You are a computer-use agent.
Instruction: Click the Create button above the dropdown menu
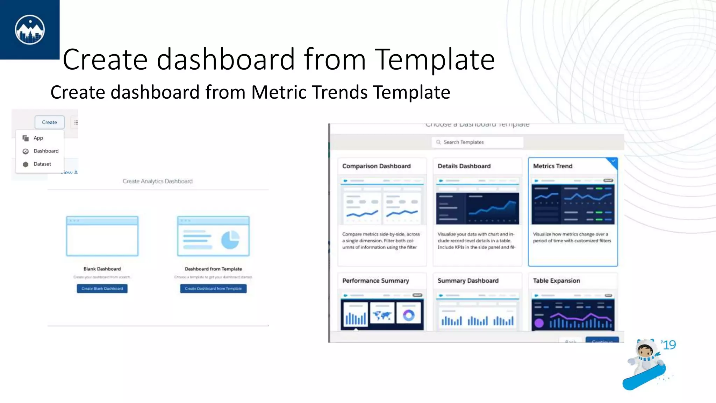tap(49, 122)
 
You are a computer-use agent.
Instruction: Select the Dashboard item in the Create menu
tap(46, 151)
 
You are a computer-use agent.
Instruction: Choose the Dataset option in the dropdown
tap(42, 164)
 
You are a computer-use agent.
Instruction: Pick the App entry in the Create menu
tap(38, 138)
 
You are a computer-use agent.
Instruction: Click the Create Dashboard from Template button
tap(213, 289)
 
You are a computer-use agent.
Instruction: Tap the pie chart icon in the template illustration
tap(230, 240)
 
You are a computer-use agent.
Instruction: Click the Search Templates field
tap(477, 142)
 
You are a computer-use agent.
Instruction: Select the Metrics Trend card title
tap(552, 166)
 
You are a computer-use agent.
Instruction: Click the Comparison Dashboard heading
tap(376, 166)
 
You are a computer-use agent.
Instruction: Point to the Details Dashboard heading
tap(464, 166)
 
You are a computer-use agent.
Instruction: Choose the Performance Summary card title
tap(375, 281)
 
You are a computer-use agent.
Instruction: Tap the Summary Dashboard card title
tap(468, 281)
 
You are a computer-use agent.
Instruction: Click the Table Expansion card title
tap(556, 281)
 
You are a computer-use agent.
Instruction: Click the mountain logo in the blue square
tap(30, 30)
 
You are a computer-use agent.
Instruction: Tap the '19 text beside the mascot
tap(668, 345)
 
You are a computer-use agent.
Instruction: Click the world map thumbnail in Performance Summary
tap(382, 316)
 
